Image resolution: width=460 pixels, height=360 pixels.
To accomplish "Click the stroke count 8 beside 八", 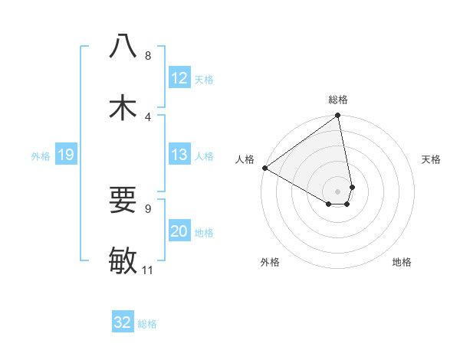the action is (x=148, y=56).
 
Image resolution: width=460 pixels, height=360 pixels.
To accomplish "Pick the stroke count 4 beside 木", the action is (x=148, y=116).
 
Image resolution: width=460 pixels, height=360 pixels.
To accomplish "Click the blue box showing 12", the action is (x=179, y=78).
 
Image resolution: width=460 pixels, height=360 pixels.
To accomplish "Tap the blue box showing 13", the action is (x=179, y=155).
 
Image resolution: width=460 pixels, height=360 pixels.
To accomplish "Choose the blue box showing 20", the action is (x=179, y=231).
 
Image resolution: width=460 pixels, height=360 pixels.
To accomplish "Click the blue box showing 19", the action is (x=65, y=155).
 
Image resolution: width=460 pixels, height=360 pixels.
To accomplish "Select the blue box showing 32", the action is (x=123, y=322).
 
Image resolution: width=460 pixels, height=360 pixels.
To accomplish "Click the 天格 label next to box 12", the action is (x=204, y=79).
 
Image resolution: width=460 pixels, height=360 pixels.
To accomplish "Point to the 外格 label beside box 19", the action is (x=41, y=156).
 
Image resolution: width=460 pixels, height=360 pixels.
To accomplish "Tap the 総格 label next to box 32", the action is (x=147, y=324).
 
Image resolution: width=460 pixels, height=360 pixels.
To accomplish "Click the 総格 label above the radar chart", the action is (x=337, y=100).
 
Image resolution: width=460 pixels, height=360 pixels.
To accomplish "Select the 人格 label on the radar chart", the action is (x=245, y=159).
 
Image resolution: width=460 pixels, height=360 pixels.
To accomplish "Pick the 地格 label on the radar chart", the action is (x=402, y=263).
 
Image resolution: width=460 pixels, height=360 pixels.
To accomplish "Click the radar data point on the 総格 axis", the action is (x=337, y=116).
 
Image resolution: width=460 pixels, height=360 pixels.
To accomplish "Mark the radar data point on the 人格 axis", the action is (x=264, y=168).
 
